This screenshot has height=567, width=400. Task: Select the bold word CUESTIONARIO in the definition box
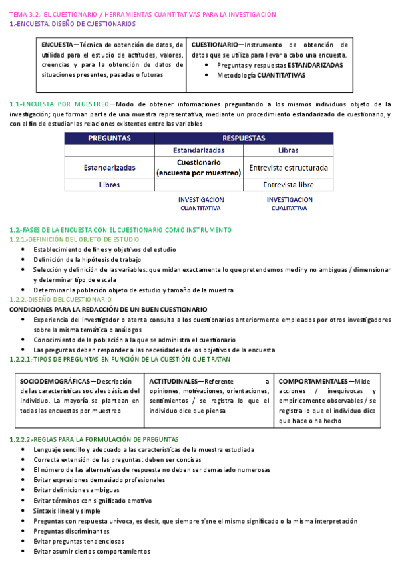pos(213,45)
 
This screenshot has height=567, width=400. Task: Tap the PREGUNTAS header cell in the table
pos(110,138)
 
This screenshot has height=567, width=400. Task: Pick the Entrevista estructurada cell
pos(288,168)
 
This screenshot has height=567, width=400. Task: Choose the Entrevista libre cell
pos(288,185)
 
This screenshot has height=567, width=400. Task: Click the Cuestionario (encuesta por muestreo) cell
pos(198,167)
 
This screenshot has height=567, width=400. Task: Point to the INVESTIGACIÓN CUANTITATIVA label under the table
pos(201,204)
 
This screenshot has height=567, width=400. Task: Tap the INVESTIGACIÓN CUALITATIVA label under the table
pos(289,204)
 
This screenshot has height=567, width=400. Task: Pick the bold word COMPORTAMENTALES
pos(313,381)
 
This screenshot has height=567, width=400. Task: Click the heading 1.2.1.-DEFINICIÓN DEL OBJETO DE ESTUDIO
pos(74,239)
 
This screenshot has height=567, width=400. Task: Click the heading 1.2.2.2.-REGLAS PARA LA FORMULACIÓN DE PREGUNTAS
pos(94,439)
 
